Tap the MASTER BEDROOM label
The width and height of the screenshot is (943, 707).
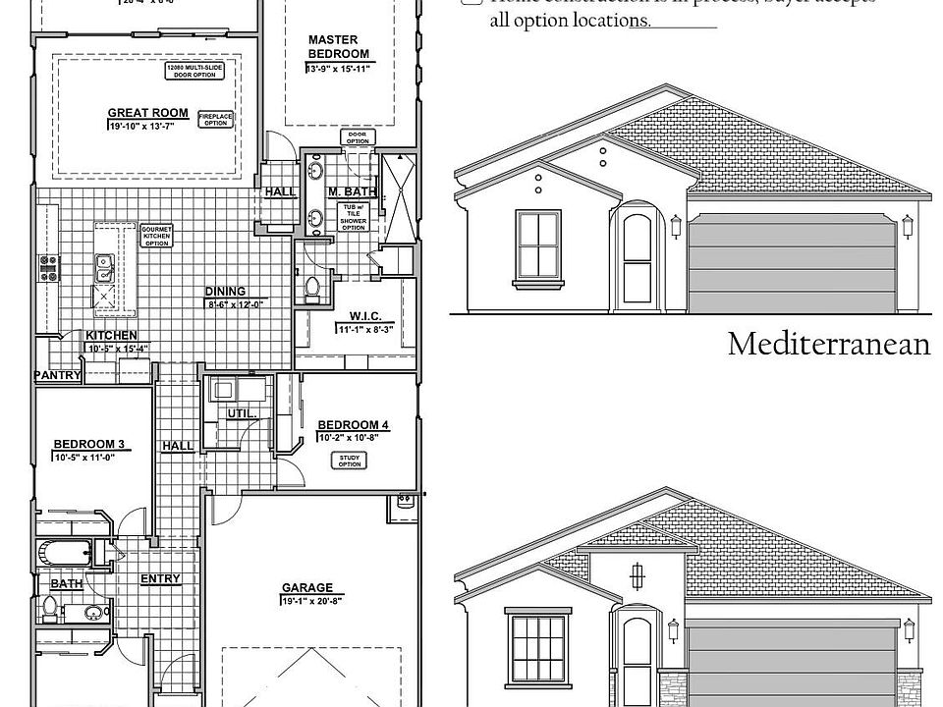pyautogui.click(x=338, y=46)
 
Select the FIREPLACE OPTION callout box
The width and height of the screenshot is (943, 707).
pyautogui.click(x=215, y=119)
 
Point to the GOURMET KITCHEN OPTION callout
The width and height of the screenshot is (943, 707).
pyautogui.click(x=157, y=236)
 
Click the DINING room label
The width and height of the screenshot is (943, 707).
pyautogui.click(x=225, y=291)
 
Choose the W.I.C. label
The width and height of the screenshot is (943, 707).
pyautogui.click(x=364, y=316)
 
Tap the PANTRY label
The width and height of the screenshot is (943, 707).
pyautogui.click(x=56, y=375)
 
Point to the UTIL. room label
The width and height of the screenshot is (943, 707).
pyautogui.click(x=242, y=414)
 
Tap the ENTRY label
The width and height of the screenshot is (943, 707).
pyautogui.click(x=160, y=578)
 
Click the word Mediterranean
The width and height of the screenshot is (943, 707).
pyautogui.click(x=828, y=344)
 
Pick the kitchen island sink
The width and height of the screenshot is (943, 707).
pyautogui.click(x=103, y=263)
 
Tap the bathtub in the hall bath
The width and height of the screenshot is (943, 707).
pyautogui.click(x=65, y=553)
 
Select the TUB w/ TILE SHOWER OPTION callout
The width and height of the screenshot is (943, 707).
pyautogui.click(x=353, y=216)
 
